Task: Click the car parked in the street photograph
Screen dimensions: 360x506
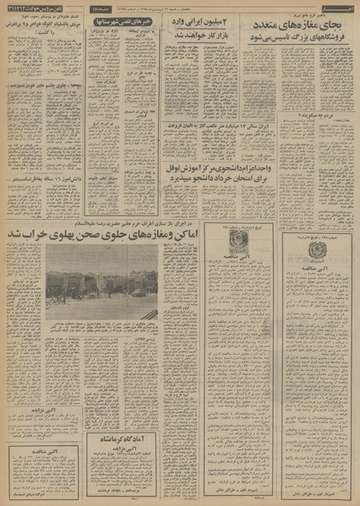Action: pos(137,293)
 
